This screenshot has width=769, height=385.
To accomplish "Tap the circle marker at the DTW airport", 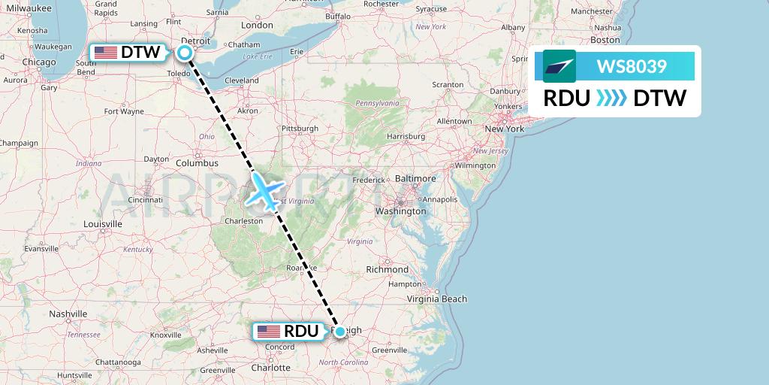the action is [184, 53].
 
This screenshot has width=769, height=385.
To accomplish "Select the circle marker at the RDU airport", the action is [339, 332].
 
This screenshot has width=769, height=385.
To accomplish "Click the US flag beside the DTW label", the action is [106, 53].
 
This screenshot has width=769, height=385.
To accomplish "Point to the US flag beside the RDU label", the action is [268, 332].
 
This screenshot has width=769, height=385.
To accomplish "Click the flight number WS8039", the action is [632, 66].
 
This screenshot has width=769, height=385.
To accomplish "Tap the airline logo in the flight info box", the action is [559, 66].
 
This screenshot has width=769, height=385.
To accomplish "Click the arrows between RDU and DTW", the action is [611, 98].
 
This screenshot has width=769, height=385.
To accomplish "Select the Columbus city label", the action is [197, 163].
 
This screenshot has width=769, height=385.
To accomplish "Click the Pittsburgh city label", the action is [298, 129].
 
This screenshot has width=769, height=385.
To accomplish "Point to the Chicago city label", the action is [39, 62].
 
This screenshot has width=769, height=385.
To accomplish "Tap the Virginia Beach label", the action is [436, 299].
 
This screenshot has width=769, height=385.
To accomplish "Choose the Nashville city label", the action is [69, 314].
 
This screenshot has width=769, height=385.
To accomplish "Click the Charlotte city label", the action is [270, 368].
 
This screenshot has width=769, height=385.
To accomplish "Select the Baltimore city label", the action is [415, 179].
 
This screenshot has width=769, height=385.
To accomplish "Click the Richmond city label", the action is [387, 269].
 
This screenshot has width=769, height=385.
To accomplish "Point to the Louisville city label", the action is [103, 224].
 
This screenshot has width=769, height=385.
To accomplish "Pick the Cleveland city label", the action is [241, 80].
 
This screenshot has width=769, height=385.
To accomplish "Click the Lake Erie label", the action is [257, 57].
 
